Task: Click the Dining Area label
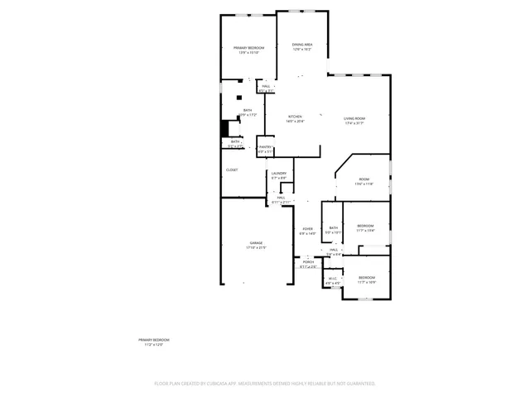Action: coord(302,45)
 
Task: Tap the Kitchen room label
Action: coord(295,117)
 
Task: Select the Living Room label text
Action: coord(354,119)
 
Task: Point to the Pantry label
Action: coord(265,147)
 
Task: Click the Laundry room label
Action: coord(278,174)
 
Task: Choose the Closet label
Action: coord(232,170)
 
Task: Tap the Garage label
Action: coord(257,242)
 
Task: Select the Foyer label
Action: coord(307,229)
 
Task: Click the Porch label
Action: coord(307,261)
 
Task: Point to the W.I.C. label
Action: coord(332,278)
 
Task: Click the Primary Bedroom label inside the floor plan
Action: coord(248,48)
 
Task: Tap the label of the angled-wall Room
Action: coord(364,179)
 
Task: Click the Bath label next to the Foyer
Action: coord(334,227)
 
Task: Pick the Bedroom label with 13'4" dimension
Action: coord(366,226)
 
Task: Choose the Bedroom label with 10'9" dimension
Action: coord(367,277)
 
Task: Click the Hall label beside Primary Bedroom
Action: coord(267,86)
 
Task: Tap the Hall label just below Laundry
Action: coord(282,198)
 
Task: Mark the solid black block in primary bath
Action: coord(223,129)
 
